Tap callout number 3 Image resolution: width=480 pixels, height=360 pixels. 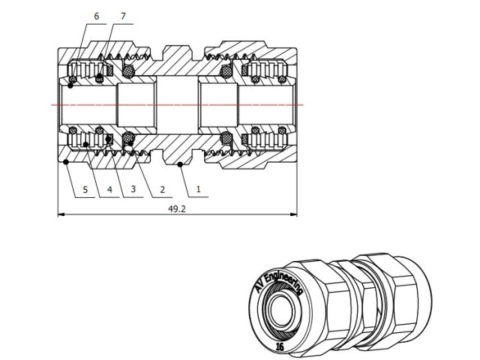[x=133, y=190]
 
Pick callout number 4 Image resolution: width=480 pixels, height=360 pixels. [x=110, y=190]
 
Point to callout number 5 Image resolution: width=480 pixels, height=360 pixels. [x=85, y=190]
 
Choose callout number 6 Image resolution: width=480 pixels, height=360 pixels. [x=96, y=16]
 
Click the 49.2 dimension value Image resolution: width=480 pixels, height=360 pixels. [x=176, y=209]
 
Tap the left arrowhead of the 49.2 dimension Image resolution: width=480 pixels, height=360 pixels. [x=61, y=216]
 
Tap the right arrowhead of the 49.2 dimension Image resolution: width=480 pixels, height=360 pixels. [x=295, y=216]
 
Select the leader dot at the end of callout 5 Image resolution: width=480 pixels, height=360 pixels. [x=66, y=160]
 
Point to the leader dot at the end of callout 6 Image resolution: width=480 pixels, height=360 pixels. [x=70, y=87]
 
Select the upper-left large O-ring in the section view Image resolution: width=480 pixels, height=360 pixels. [x=128, y=72]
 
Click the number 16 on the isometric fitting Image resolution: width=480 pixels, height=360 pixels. [x=279, y=346]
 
